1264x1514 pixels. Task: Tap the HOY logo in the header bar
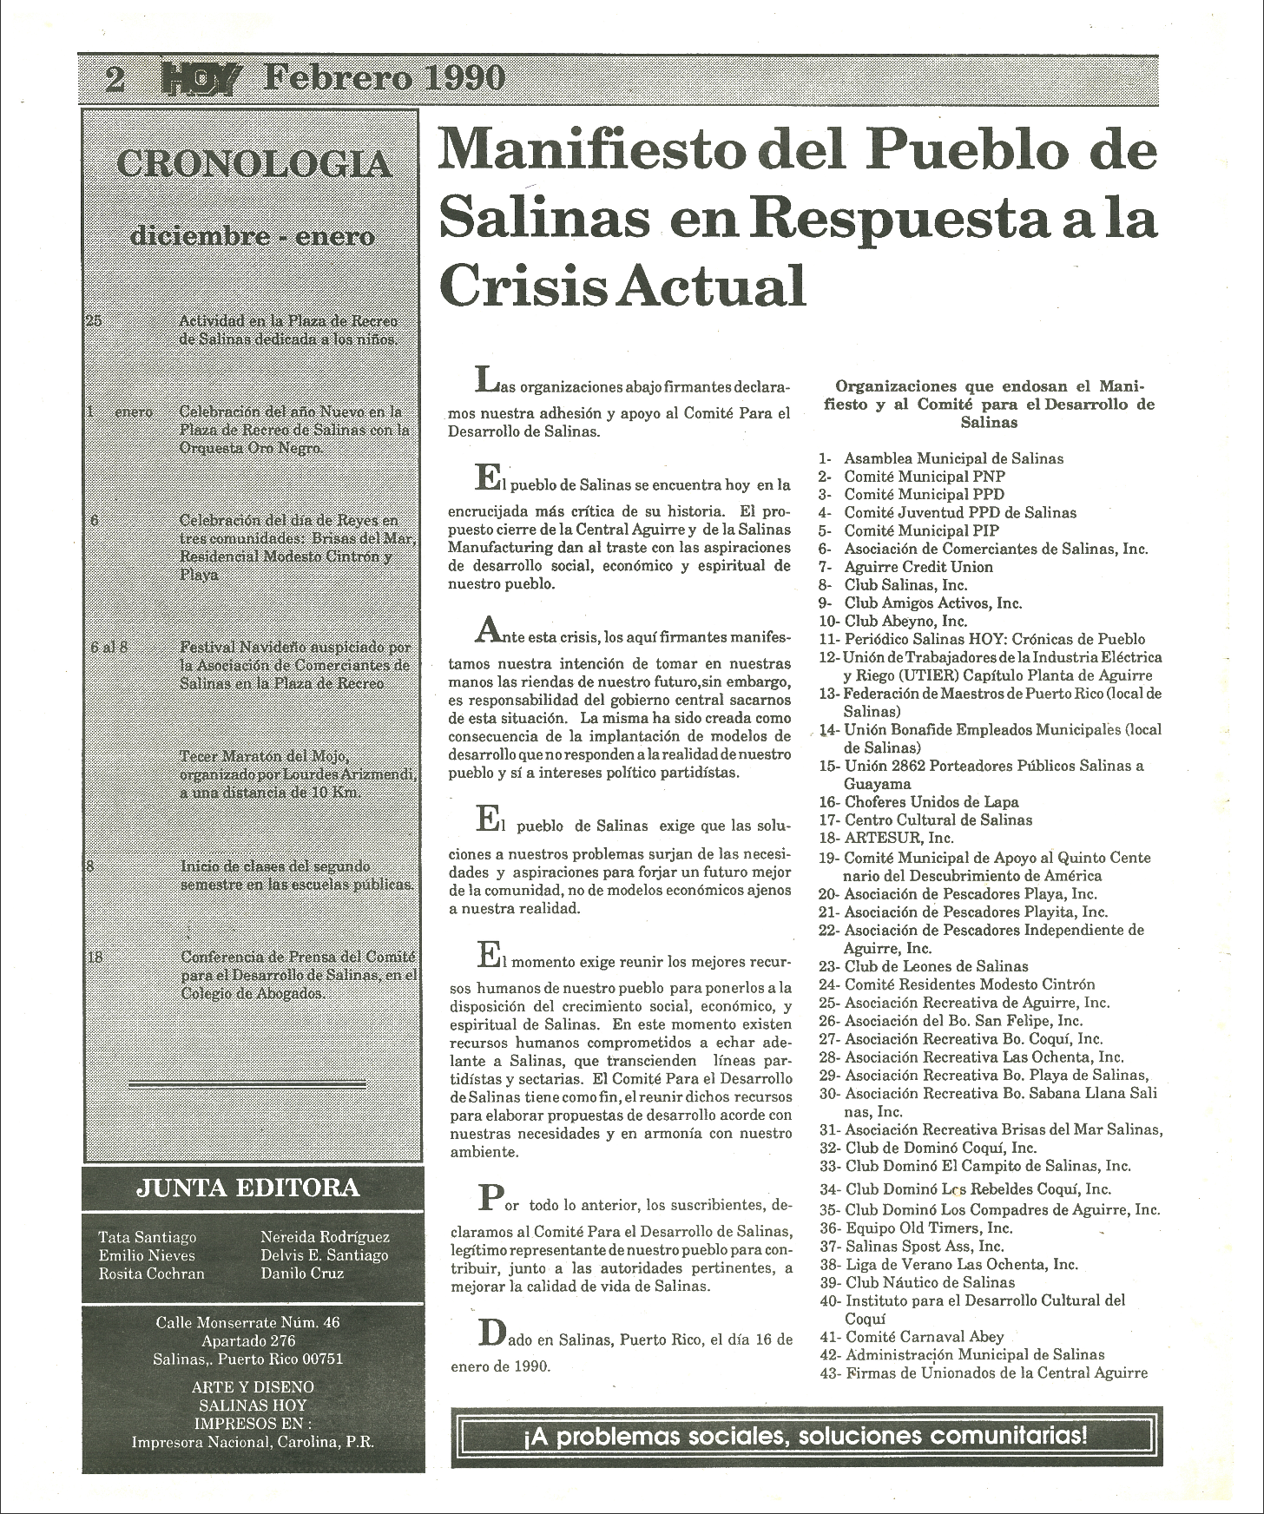point(199,80)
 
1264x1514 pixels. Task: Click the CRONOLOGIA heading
point(253,164)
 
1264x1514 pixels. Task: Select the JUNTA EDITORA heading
point(247,1188)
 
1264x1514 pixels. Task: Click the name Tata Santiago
point(147,1237)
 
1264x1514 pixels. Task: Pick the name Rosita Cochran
point(151,1274)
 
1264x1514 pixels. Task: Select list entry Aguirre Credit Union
point(905,567)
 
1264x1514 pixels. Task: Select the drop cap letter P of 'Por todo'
point(490,1200)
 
